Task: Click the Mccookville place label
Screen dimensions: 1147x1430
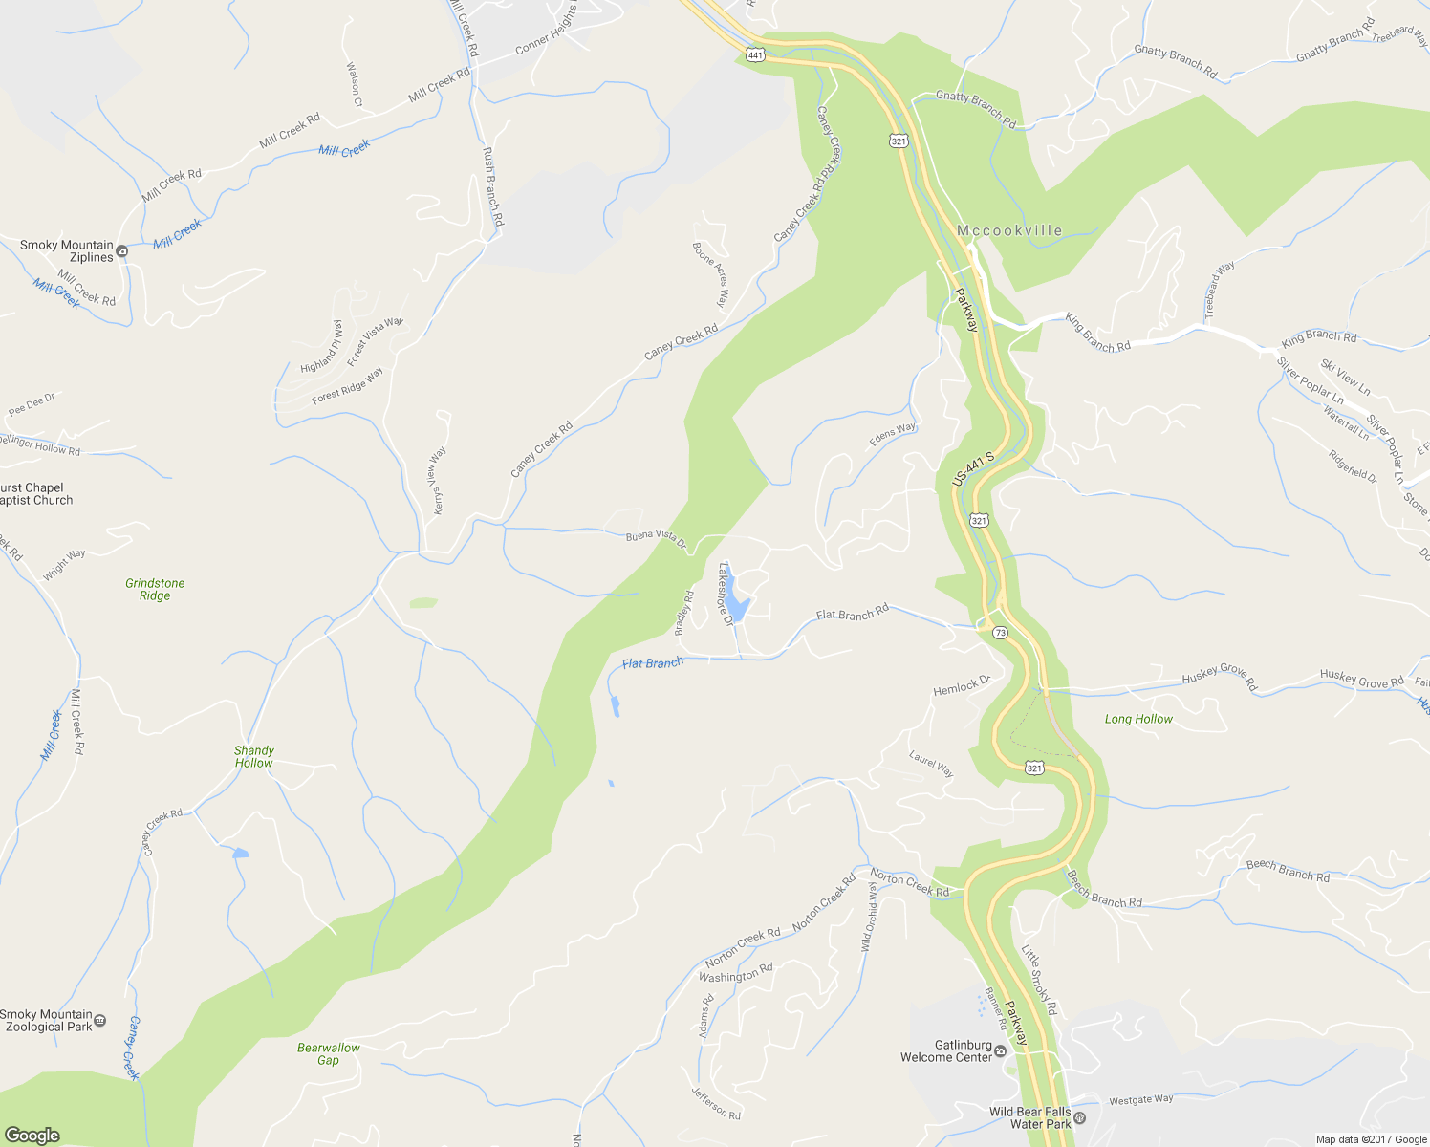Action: [x=1009, y=230]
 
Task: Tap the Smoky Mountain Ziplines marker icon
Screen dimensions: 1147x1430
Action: [x=121, y=251]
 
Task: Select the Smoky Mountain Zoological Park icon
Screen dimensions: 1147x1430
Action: [x=101, y=1021]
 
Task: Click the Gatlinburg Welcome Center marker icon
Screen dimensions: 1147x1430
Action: [x=1000, y=1051]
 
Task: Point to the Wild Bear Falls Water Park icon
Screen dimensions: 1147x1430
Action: [x=1079, y=1117]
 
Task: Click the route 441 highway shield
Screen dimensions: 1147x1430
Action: [x=756, y=55]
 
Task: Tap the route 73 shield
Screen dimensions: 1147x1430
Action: [x=1000, y=633]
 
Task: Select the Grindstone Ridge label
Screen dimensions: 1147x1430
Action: [x=155, y=589]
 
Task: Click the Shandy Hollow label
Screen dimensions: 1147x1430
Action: [x=253, y=756]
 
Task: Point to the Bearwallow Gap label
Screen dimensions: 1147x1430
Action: [x=328, y=1053]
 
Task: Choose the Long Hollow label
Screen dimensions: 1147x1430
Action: [x=1138, y=719]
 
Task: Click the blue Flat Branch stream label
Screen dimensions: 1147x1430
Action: [x=653, y=663]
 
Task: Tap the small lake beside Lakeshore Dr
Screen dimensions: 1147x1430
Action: [x=739, y=609]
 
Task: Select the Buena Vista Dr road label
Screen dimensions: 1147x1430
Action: [x=656, y=539]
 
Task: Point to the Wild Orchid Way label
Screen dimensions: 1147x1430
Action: [x=868, y=917]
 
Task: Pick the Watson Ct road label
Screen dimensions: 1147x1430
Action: [x=355, y=85]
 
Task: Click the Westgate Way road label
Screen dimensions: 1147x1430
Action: [x=1140, y=1100]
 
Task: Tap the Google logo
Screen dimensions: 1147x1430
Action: [x=32, y=1135]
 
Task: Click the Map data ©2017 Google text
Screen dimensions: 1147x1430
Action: [x=1371, y=1139]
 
